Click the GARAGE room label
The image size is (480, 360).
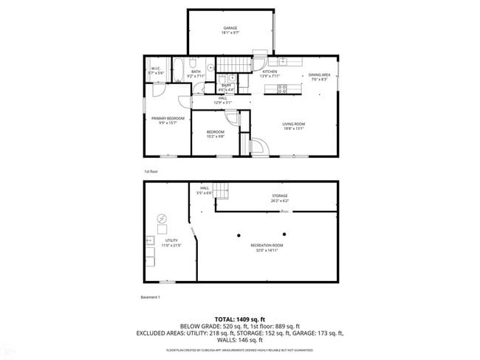(x=230, y=29)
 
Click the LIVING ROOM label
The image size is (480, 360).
(x=293, y=124)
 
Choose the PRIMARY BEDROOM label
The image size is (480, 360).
(x=168, y=119)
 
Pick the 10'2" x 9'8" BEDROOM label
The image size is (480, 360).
(x=216, y=133)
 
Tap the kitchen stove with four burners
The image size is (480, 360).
(x=281, y=89)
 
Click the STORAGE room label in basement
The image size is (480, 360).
(x=280, y=196)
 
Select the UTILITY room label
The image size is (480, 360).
(x=171, y=240)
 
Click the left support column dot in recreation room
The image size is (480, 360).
(x=239, y=235)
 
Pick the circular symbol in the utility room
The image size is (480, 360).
(x=162, y=218)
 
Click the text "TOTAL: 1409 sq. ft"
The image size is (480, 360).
(x=240, y=318)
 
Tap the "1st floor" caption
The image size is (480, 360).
(x=151, y=170)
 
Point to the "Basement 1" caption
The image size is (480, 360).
(x=150, y=297)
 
